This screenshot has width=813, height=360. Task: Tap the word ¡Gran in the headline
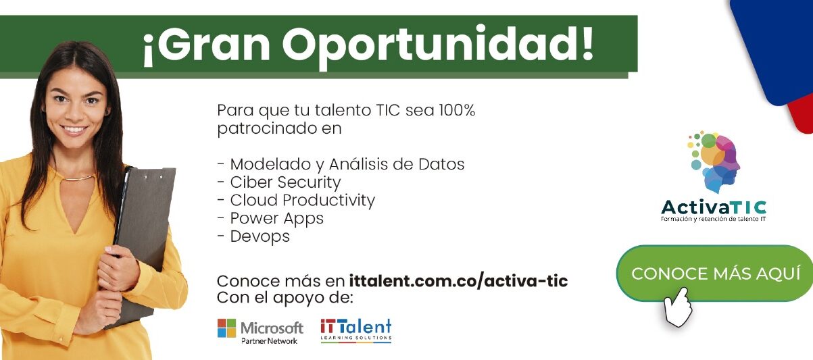pyautogui.click(x=206, y=45)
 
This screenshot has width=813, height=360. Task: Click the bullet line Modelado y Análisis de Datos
pyautogui.click(x=341, y=164)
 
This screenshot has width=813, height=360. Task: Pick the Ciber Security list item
pyautogui.click(x=278, y=182)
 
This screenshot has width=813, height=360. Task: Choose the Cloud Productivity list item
pyautogui.click(x=296, y=201)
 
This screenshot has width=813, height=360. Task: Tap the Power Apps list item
pyautogui.click(x=270, y=218)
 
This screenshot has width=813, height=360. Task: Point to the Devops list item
pyautogui.click(x=253, y=236)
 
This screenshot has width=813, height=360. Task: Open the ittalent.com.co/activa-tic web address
pyautogui.click(x=458, y=281)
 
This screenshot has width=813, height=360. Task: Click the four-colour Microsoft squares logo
pyautogui.click(x=226, y=328)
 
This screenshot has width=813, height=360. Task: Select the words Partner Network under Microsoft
pyautogui.click(x=269, y=341)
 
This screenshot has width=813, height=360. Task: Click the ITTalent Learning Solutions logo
pyautogui.click(x=355, y=330)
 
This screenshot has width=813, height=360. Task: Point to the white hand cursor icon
pyautogui.click(x=677, y=307)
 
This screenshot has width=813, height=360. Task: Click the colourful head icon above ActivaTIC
pyautogui.click(x=714, y=161)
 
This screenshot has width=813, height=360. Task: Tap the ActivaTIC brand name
pyautogui.click(x=714, y=207)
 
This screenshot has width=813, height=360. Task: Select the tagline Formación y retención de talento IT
pyautogui.click(x=713, y=219)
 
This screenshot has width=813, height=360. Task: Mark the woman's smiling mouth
pyautogui.click(x=74, y=130)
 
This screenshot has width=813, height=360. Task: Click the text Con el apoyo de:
pyautogui.click(x=285, y=298)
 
